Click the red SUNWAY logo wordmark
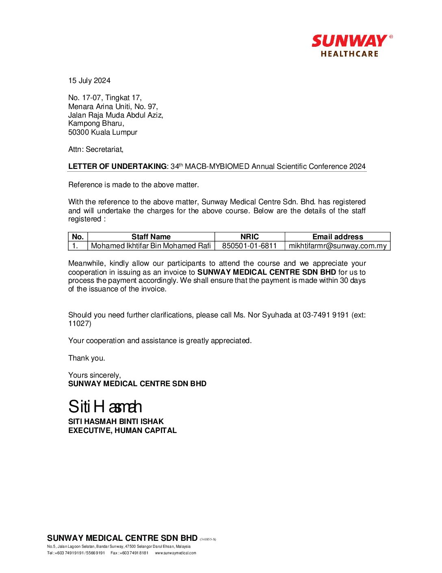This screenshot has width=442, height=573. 349,41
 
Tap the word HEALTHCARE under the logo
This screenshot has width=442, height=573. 349,54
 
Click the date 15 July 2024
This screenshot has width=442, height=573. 89,81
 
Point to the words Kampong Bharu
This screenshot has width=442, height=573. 95,123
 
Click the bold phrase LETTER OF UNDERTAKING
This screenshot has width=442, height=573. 117,166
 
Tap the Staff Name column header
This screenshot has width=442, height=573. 151,237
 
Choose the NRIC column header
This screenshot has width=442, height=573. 249,237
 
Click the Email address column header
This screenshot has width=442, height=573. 338,237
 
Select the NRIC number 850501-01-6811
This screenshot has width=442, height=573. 249,246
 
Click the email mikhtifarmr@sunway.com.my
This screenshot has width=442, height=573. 338,246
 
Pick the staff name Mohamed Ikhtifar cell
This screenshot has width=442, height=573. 151,246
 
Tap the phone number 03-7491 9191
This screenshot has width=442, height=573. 325,315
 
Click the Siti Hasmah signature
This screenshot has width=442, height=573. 105,407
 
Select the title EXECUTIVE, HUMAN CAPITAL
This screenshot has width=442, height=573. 122,431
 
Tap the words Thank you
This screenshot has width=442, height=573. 87,358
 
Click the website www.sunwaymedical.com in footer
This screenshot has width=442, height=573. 175,553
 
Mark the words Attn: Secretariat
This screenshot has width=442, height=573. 96,149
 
